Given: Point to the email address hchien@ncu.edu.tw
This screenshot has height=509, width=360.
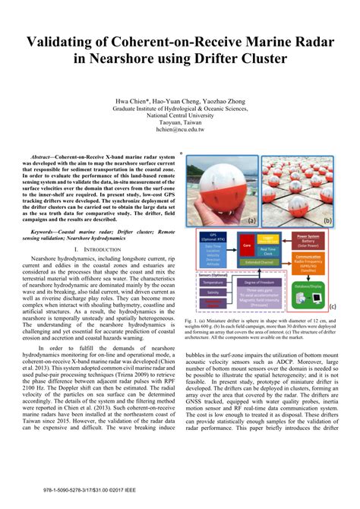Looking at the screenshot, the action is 180,130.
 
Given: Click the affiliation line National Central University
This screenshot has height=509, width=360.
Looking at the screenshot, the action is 180,115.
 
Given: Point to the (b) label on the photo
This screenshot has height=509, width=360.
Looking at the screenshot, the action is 327,221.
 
